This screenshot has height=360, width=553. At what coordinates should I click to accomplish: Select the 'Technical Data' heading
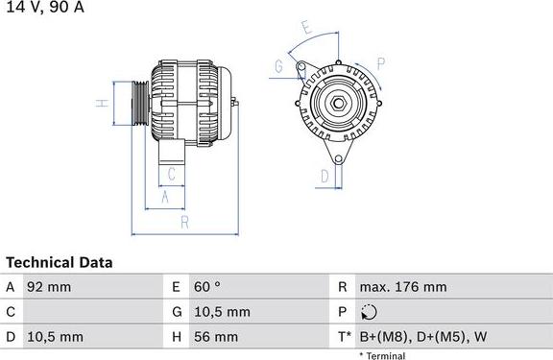tap(60, 262)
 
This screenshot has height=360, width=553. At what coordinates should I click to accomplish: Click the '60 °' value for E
tap(208, 287)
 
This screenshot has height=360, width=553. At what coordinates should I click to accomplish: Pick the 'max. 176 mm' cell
tap(402, 287)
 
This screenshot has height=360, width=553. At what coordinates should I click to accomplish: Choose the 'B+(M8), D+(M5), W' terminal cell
tap(423, 337)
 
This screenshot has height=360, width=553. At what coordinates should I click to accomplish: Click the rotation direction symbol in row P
tap(372, 312)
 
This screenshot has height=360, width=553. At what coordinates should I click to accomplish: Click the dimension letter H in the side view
tap(99, 103)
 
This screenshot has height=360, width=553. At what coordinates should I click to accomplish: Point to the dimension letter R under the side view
tap(183, 223)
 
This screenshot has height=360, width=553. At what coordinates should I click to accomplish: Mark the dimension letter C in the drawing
tap(171, 174)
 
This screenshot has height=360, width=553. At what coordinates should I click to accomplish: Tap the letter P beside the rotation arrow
tap(380, 65)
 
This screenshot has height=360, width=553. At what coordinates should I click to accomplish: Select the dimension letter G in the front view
tap(278, 66)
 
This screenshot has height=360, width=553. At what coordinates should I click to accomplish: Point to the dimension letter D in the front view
tap(324, 176)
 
